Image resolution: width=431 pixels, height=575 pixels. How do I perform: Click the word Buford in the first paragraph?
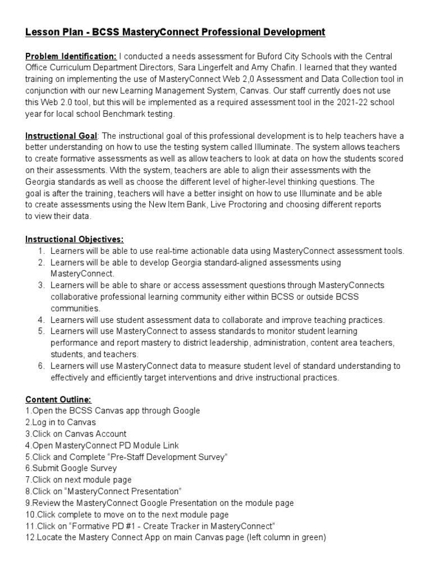click(265, 56)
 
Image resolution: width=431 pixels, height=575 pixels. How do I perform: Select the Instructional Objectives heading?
click(75, 239)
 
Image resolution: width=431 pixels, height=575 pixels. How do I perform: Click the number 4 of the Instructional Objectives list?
click(41, 320)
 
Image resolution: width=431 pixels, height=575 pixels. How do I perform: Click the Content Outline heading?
click(58, 399)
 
